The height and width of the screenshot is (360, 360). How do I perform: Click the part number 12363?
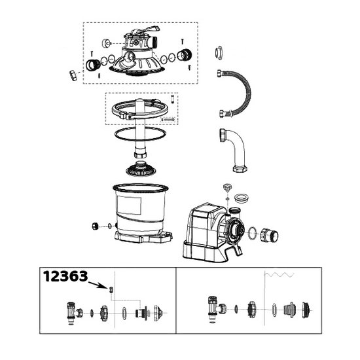pos(65,276)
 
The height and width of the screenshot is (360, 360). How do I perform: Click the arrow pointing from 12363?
pos(98,285)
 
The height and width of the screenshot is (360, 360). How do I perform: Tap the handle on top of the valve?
pos(146,30)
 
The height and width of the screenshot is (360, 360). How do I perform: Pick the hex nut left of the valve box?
pos(73,75)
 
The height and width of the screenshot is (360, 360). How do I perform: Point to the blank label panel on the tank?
pos(129,206)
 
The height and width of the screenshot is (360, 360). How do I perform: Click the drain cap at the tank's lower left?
pos(96,226)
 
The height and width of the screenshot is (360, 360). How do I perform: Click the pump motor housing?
pos(202,232)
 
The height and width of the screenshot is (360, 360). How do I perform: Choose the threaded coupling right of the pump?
pos(269,236)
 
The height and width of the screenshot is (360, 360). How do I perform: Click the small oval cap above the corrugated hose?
pos(219,53)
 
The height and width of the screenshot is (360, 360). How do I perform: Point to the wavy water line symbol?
pos(279,274)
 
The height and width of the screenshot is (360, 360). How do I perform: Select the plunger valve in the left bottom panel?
pos(74,313)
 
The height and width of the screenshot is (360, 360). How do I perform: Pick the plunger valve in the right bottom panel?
pos(217,310)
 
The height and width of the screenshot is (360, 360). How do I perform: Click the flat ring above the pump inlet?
pos(241,198)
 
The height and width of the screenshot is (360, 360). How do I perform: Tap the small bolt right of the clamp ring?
pos(172,99)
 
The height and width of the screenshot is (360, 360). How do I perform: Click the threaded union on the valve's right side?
pos(185,55)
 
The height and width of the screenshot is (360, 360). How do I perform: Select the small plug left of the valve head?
pos(106,43)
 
